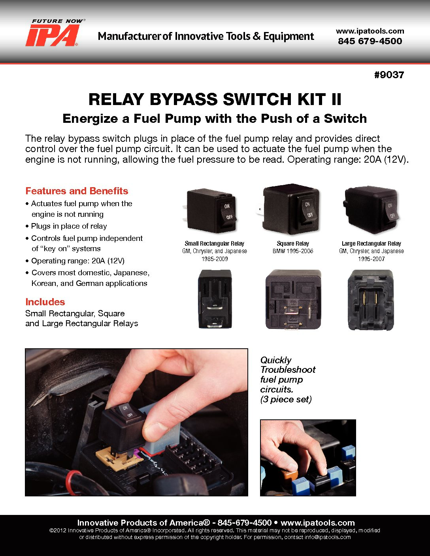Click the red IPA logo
pyautogui.click(x=53, y=35)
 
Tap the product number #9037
pyautogui.click(x=389, y=75)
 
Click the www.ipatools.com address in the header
pyautogui.click(x=370, y=31)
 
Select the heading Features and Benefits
pyautogui.click(x=77, y=191)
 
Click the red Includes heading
pyautogui.click(x=45, y=302)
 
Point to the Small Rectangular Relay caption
pyautogui.click(x=214, y=244)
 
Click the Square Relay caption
pyautogui.click(x=293, y=244)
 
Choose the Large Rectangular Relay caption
pyautogui.click(x=372, y=244)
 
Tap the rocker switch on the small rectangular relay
pyautogui.click(x=228, y=212)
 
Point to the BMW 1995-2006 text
pyautogui.click(x=293, y=251)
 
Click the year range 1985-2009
pyautogui.click(x=215, y=259)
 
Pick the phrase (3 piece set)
pyautogui.click(x=286, y=399)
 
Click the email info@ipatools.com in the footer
pyautogui.click(x=328, y=537)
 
